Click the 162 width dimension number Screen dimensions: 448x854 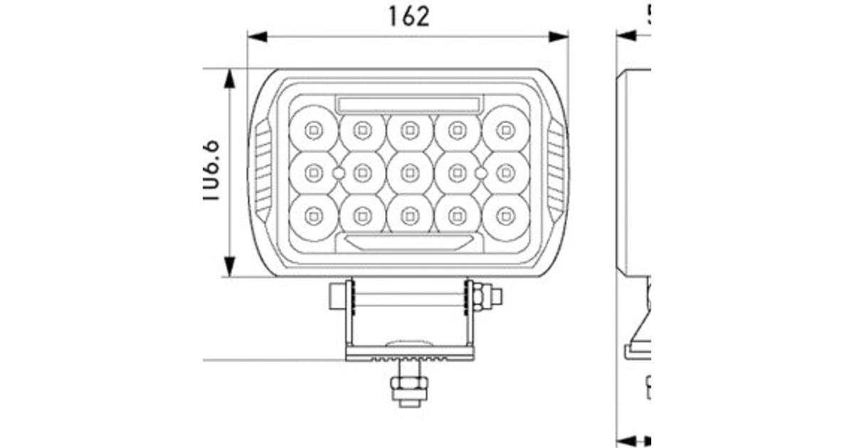408,16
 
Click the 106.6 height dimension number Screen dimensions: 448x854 211,171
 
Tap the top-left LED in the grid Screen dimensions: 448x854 313,130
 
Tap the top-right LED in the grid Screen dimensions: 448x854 505,130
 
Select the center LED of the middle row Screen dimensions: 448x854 409,172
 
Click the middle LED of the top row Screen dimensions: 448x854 409,130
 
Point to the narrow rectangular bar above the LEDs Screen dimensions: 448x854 409,103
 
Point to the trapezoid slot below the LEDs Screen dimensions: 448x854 409,242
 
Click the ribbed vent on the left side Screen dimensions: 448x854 263,171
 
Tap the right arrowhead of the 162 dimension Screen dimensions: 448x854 561,36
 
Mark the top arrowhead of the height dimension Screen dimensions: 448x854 230,77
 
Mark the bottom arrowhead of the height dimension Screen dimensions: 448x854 230,269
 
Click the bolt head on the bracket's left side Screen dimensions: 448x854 337,295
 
